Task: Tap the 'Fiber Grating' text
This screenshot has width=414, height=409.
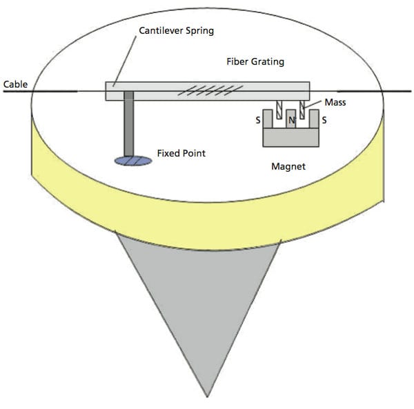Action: click(255, 61)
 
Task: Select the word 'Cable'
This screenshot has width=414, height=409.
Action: click(15, 84)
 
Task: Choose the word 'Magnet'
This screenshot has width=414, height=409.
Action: click(289, 166)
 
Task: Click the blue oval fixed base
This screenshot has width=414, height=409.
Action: click(132, 161)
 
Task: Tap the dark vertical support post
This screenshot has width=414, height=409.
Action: click(128, 127)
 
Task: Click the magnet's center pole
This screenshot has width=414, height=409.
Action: click(290, 124)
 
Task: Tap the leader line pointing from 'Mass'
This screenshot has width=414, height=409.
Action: click(315, 105)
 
